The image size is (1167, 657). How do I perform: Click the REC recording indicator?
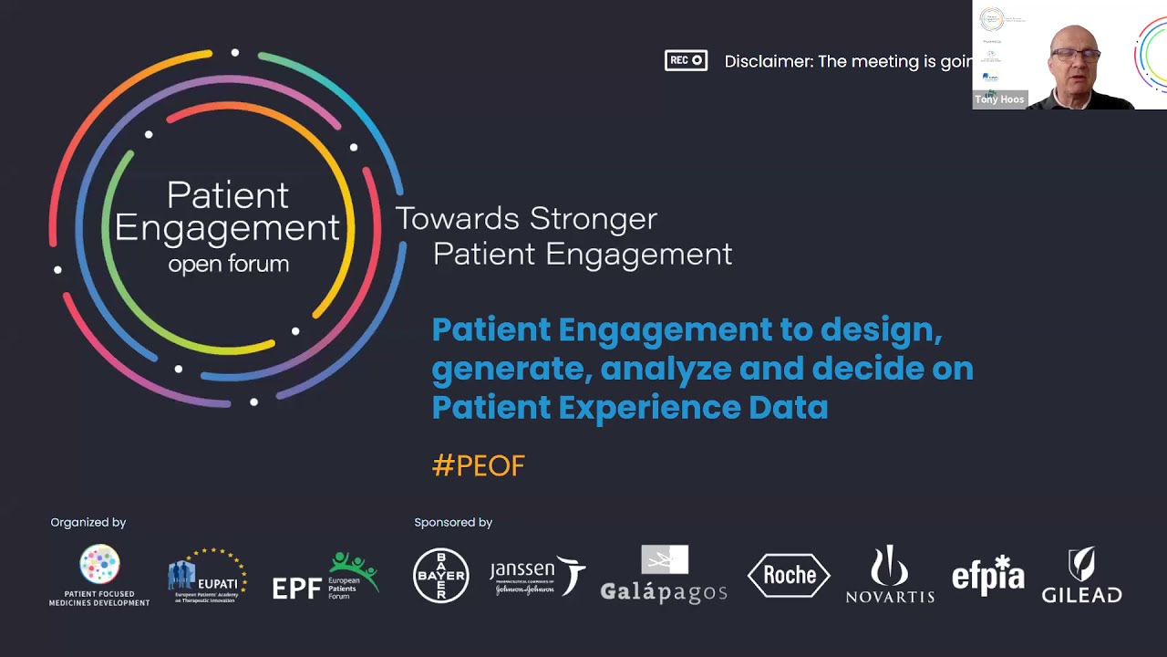pyautogui.click(x=686, y=61)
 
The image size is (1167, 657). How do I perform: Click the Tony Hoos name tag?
pyautogui.click(x=999, y=99)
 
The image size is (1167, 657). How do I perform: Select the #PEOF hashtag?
pyautogui.click(x=479, y=465)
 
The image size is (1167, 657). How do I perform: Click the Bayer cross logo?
pyautogui.click(x=441, y=576)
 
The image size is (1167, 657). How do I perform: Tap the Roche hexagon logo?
pyautogui.click(x=789, y=575)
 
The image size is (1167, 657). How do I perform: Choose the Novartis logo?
pyautogui.click(x=890, y=575)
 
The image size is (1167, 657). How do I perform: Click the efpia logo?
pyautogui.click(x=987, y=575)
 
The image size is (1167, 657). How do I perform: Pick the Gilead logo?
pyautogui.click(x=1082, y=576)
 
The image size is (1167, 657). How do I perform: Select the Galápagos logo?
pyautogui.click(x=664, y=575)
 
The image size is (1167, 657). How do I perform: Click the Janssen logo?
pyautogui.click(x=537, y=576)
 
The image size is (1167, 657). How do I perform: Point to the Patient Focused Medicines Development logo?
pyautogui.click(x=99, y=576)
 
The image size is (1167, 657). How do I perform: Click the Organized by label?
pyautogui.click(x=88, y=523)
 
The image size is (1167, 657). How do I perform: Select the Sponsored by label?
pyautogui.click(x=453, y=523)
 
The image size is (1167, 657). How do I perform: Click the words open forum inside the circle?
pyautogui.click(x=228, y=265)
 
